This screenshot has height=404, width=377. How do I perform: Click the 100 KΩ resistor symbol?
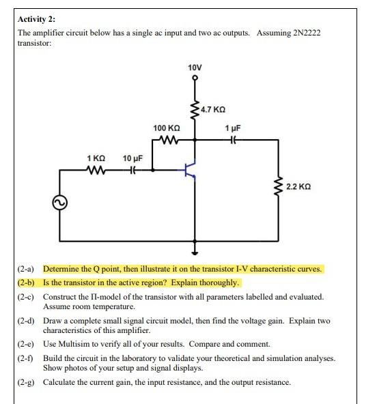click(167, 141)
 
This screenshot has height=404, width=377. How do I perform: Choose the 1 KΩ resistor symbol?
click(95, 171)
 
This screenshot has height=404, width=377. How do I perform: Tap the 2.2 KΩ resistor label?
click(301, 186)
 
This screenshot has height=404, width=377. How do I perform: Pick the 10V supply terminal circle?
click(195, 78)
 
